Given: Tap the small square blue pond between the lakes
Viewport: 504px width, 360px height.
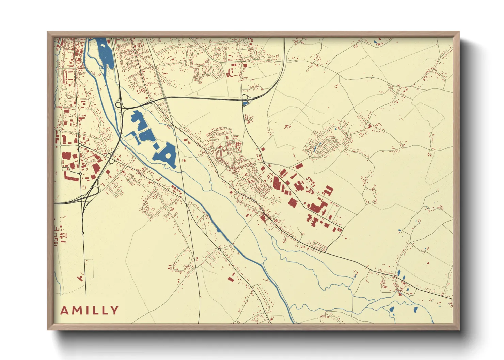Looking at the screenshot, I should (157, 146).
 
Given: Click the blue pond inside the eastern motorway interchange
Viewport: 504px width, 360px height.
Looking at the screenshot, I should (245, 103).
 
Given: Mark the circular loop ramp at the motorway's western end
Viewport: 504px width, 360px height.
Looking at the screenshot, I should (119, 104).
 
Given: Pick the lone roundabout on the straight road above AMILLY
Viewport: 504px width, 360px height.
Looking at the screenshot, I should (83, 233).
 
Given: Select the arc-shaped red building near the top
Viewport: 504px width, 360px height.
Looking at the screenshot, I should (229, 72).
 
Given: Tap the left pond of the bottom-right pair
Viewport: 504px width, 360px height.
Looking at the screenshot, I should (392, 310).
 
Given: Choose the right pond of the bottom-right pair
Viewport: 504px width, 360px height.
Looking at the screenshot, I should (415, 309).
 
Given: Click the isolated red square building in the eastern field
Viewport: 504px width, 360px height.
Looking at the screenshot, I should (428, 263).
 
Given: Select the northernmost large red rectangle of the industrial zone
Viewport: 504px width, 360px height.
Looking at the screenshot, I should (299, 166).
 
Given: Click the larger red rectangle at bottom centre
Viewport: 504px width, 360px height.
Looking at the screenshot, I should (231, 279).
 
